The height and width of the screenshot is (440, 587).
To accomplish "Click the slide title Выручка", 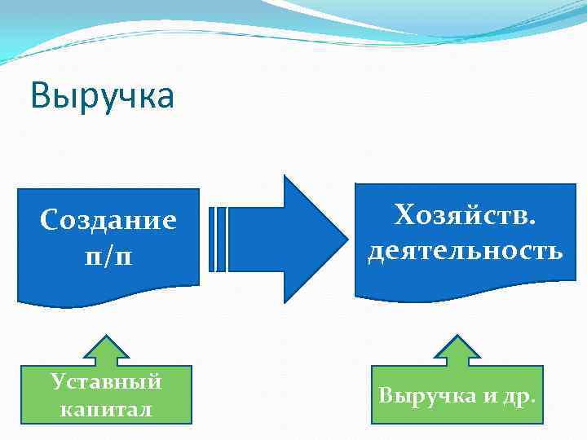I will pos(103,97).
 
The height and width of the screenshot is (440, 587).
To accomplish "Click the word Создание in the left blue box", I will pos(108,220).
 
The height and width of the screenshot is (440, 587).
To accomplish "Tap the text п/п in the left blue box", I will pos(108,255).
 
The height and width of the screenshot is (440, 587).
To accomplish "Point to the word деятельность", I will pos(465,250).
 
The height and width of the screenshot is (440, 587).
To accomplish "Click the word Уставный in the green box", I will pos(106,381).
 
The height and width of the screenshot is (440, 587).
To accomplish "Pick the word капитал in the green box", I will pos(106,409).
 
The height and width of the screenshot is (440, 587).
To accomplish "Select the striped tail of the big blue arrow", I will pos(218,239).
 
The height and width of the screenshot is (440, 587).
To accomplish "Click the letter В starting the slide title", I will pos(41,97).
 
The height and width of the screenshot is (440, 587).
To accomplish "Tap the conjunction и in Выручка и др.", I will pos(489,397).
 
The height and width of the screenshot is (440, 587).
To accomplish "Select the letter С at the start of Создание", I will pos(49,220).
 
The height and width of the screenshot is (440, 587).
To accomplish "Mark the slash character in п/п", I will pos(108,255).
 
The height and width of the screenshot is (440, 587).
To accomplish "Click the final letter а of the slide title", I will pos(166,99).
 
